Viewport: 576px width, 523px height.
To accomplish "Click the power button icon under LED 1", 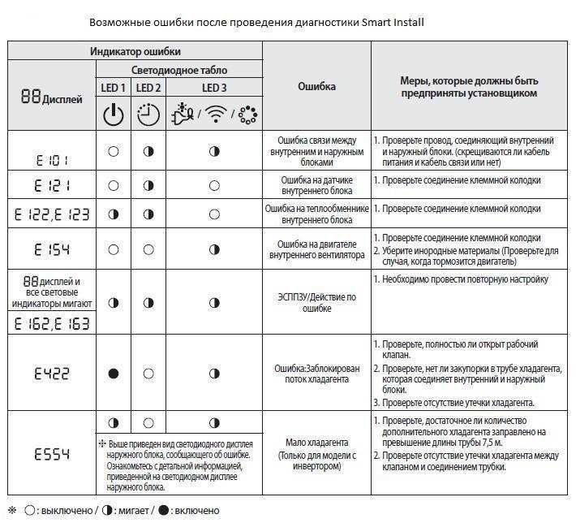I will [114, 115].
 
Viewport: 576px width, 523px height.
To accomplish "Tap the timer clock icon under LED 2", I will [148, 115].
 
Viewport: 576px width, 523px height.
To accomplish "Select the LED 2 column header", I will [148, 88].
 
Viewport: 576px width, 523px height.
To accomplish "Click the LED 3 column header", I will [214, 88].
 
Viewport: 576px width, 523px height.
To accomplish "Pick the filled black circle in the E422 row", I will [114, 374].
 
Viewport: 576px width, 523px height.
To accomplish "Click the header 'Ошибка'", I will [316, 86].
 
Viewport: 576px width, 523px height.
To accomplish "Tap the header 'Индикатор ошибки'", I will [135, 51].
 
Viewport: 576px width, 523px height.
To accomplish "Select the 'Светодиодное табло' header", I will [179, 71].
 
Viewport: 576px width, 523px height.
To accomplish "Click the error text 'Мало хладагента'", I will [316, 443].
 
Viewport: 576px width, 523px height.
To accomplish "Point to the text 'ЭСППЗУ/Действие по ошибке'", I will [316, 303].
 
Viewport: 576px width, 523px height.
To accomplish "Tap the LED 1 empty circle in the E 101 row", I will [114, 151].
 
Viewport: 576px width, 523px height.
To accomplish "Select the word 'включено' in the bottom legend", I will [194, 510].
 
